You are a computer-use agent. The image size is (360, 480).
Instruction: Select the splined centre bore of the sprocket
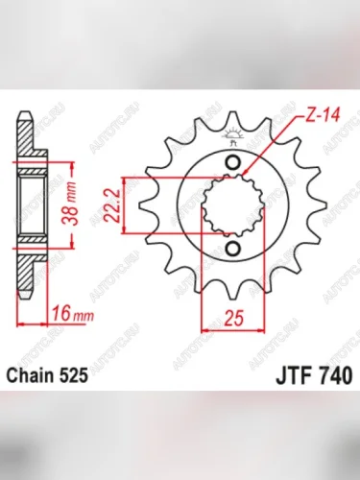tap(231, 204)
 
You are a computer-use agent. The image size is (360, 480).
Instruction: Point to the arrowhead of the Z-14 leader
tap(246, 173)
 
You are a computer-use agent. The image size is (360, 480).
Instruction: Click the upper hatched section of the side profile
tap(31, 165)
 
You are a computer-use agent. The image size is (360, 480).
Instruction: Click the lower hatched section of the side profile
tap(31, 244)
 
